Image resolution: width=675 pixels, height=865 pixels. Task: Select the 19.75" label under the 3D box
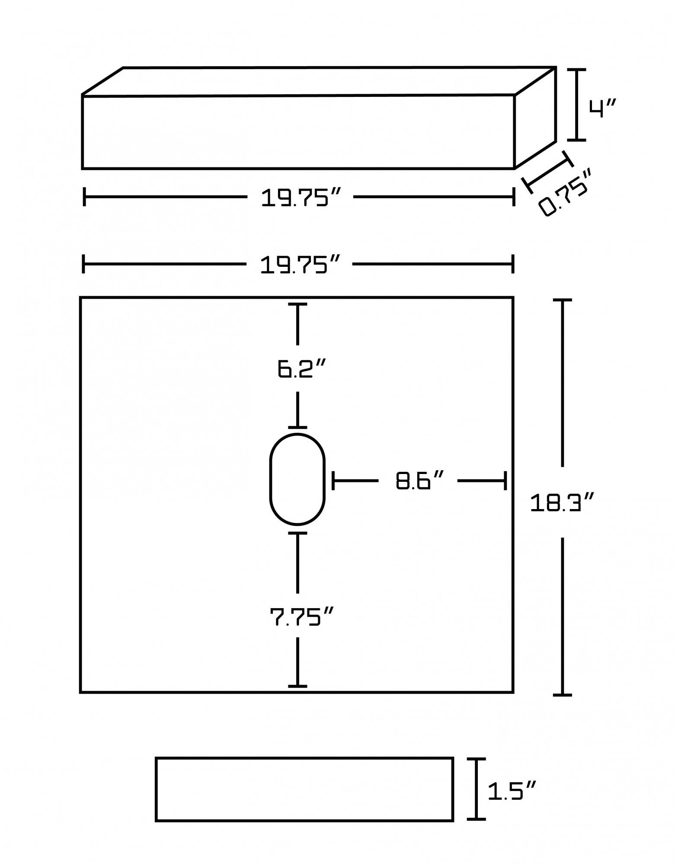coord(301,198)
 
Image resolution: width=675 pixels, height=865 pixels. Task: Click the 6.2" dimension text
coord(301,369)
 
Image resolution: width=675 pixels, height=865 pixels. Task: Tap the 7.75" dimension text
coord(302,617)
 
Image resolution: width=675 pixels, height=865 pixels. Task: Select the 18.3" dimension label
coord(563,503)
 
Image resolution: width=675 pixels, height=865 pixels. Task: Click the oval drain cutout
coord(297,479)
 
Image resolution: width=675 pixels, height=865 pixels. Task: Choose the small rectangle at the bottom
coord(304,789)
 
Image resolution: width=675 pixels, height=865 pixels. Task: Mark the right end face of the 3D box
coord(535,118)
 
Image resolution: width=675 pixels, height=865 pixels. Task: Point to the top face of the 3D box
coord(319,81)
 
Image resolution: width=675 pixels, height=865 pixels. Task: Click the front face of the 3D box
coord(298,132)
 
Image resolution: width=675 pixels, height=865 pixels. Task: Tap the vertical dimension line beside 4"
coord(576,105)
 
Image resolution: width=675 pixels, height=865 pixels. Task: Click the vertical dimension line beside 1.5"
coord(476,789)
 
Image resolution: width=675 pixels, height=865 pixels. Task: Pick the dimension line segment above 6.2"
coord(298,325)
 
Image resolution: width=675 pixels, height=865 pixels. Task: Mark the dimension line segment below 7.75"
coord(298,662)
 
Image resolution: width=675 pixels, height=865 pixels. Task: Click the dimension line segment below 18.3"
coord(563,616)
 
